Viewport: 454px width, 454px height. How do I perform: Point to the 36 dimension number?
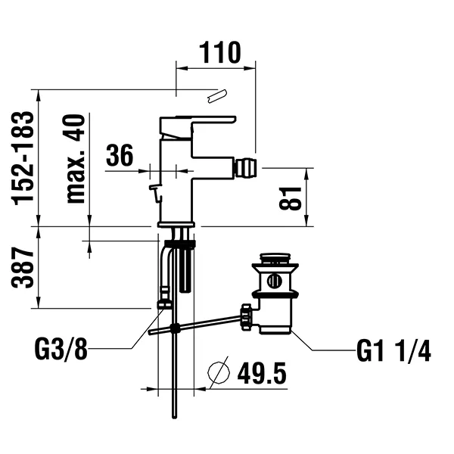120,156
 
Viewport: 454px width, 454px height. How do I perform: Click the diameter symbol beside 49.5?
219,372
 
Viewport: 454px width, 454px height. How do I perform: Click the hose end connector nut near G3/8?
164,303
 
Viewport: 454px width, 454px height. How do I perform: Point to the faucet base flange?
176,224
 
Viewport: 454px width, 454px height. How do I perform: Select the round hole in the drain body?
274,281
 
